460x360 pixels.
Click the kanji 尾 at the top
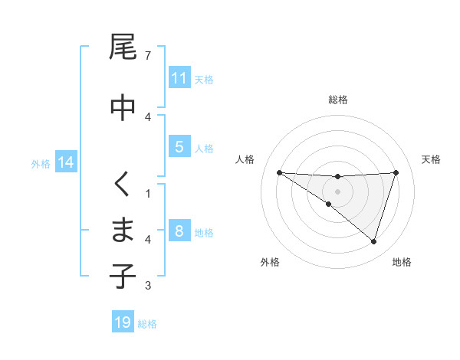123,47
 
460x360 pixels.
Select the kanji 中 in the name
123,106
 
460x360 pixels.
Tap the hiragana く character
123,184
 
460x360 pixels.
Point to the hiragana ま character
123,230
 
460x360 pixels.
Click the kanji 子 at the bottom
123,276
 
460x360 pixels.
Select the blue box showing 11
179,79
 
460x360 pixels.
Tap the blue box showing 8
179,232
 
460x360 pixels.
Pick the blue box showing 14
65,162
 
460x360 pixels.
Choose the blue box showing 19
123,322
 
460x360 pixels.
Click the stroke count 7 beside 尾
148,56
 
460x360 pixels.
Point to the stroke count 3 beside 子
148,286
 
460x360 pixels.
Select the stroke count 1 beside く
148,193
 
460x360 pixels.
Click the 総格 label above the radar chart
337,100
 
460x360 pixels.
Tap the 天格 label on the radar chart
432,159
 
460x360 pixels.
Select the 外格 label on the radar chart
270,263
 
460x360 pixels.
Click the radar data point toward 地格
374,242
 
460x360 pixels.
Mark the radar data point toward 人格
279,172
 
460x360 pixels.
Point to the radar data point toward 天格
396,172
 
